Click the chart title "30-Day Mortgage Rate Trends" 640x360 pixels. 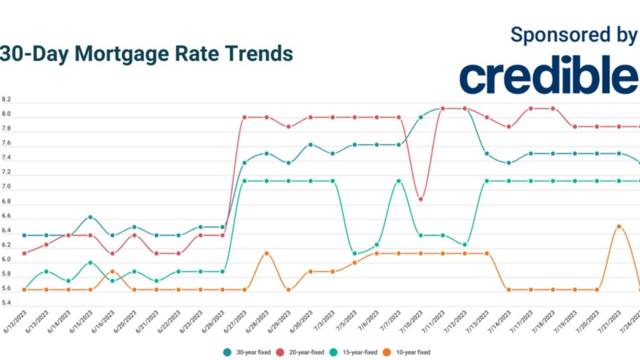click(x=146, y=54)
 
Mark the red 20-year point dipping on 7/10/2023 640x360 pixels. click(x=421, y=199)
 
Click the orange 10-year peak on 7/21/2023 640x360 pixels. click(x=619, y=226)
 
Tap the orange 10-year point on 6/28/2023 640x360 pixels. click(x=266, y=254)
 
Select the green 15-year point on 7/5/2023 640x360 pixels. click(x=355, y=254)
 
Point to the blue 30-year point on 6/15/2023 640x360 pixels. click(x=90, y=217)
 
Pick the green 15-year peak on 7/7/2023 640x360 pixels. click(x=399, y=181)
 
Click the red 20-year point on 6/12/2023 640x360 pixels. click(x=25, y=254)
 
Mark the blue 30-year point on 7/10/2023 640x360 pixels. click(x=421, y=117)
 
